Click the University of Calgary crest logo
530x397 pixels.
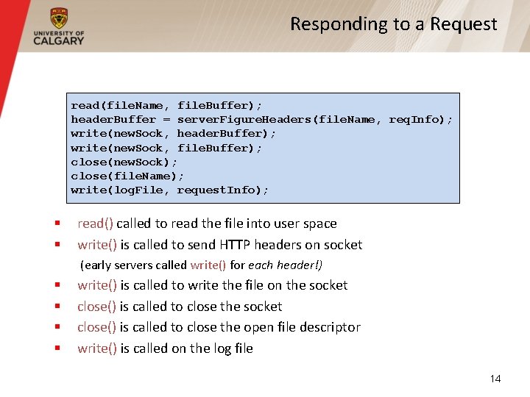coord(59,18)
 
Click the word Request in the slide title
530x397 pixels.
coord(464,24)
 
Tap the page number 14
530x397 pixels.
coord(495,379)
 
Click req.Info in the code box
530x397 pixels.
coord(417,119)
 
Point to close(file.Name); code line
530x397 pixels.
coord(127,176)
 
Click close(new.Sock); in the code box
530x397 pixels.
coord(124,162)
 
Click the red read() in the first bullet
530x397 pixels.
coord(95,223)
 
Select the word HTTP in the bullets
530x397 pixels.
coord(233,245)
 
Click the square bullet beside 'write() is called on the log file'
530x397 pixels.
coord(56,348)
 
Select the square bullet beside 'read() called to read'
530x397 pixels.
coord(56,223)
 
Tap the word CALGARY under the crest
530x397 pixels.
coord(59,40)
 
